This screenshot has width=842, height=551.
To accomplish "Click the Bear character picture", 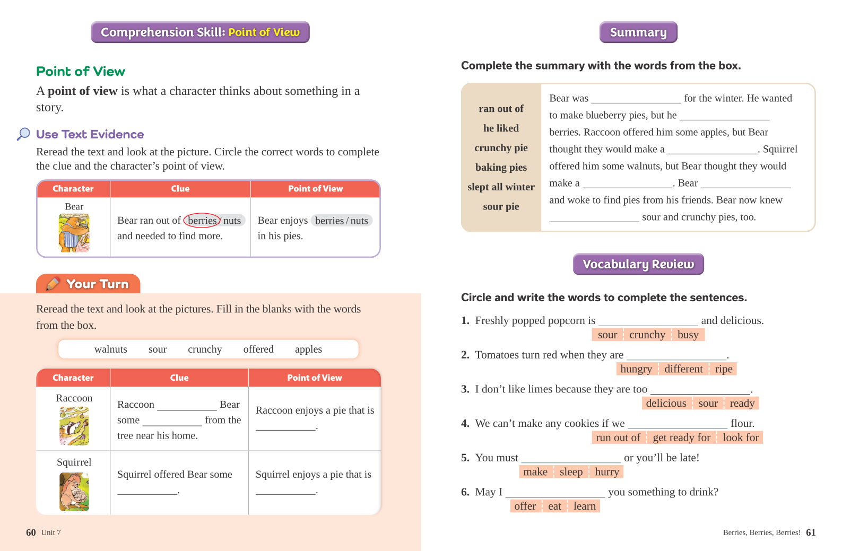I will pyautogui.click(x=74, y=233).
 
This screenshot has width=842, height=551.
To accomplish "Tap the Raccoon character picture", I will pyautogui.click(x=74, y=425).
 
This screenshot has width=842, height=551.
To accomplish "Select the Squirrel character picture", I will pyautogui.click(x=74, y=492).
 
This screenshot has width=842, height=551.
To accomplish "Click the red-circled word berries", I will pyautogui.click(x=202, y=221).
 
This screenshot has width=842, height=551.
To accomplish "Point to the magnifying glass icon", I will pyautogui.click(x=23, y=134).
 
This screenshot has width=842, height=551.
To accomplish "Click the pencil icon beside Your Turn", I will pyautogui.click(x=53, y=284).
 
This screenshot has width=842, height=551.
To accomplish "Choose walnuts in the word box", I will pyautogui.click(x=110, y=349).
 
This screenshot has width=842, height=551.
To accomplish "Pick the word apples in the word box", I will pyautogui.click(x=308, y=349).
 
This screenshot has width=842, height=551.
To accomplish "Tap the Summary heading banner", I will pyautogui.click(x=638, y=32).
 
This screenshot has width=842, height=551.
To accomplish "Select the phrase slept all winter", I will pyautogui.click(x=501, y=187).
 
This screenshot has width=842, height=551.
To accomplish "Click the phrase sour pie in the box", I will pyautogui.click(x=501, y=206).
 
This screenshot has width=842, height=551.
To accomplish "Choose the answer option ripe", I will pyautogui.click(x=723, y=369).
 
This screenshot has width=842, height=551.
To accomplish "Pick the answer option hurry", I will pyautogui.click(x=607, y=472).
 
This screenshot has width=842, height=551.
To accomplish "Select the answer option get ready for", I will pyautogui.click(x=681, y=438).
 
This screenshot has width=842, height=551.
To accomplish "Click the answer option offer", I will pyautogui.click(x=525, y=506).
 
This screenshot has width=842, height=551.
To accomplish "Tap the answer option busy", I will pyautogui.click(x=688, y=335).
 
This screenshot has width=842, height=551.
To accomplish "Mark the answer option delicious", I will pyautogui.click(x=666, y=404).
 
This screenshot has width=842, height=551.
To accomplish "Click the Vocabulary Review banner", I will pyautogui.click(x=638, y=264).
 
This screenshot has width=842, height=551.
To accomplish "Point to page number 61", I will pyautogui.click(x=811, y=532).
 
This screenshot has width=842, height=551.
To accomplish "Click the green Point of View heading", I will pyautogui.click(x=81, y=72).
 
